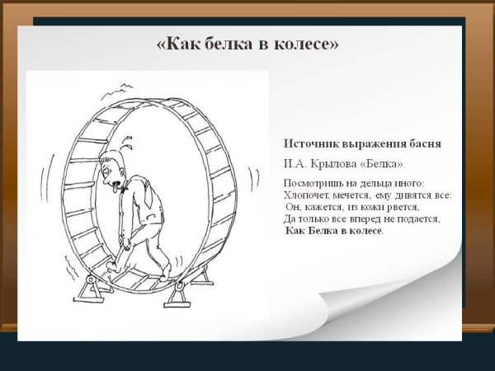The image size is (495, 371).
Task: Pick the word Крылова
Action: pyautogui.click(x=337, y=162)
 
